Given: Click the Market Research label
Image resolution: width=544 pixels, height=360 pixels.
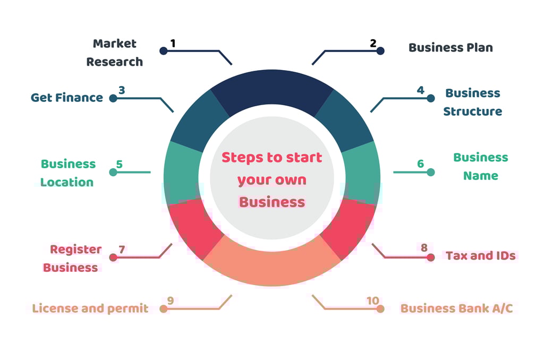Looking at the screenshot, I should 115,53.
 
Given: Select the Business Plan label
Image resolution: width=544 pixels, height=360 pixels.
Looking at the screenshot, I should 450,47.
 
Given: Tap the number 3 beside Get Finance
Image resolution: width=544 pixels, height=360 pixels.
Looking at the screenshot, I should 122,90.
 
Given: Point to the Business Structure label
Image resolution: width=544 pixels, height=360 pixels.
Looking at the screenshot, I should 473,102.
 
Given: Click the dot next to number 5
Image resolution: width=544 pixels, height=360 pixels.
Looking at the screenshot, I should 113,172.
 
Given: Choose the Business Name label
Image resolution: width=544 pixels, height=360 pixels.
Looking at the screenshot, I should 480,166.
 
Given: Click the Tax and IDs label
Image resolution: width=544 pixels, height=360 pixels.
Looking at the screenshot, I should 480,255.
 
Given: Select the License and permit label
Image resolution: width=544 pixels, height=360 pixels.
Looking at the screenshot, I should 90,308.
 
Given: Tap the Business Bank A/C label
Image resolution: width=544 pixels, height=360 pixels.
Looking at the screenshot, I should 456,308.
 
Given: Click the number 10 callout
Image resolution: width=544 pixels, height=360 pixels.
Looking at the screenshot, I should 372,301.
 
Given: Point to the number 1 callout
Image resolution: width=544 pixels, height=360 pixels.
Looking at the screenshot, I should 173,43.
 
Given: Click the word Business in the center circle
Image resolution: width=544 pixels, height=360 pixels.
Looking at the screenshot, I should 271,202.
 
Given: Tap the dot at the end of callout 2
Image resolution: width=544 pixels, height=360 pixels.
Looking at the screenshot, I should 380,51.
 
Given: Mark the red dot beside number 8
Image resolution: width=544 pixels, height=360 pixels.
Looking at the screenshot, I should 430,258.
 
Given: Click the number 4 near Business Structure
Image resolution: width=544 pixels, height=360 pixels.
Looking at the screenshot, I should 420,90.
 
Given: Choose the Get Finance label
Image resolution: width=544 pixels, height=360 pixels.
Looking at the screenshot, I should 67,97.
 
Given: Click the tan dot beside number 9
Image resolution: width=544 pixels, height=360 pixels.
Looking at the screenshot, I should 164,308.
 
